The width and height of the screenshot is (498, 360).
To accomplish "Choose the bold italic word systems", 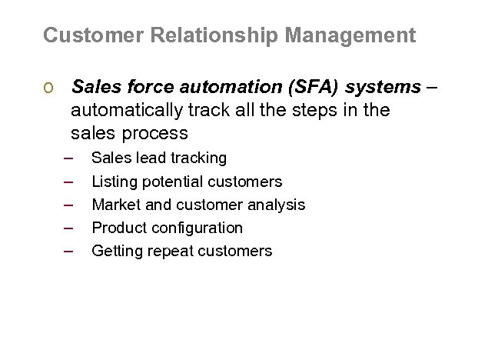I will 387,88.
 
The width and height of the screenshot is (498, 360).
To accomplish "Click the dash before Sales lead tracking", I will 68,158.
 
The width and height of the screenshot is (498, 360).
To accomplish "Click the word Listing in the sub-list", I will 112,182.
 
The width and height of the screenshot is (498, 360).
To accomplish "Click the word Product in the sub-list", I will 118,228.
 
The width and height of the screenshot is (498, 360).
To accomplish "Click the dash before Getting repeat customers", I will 68,251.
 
